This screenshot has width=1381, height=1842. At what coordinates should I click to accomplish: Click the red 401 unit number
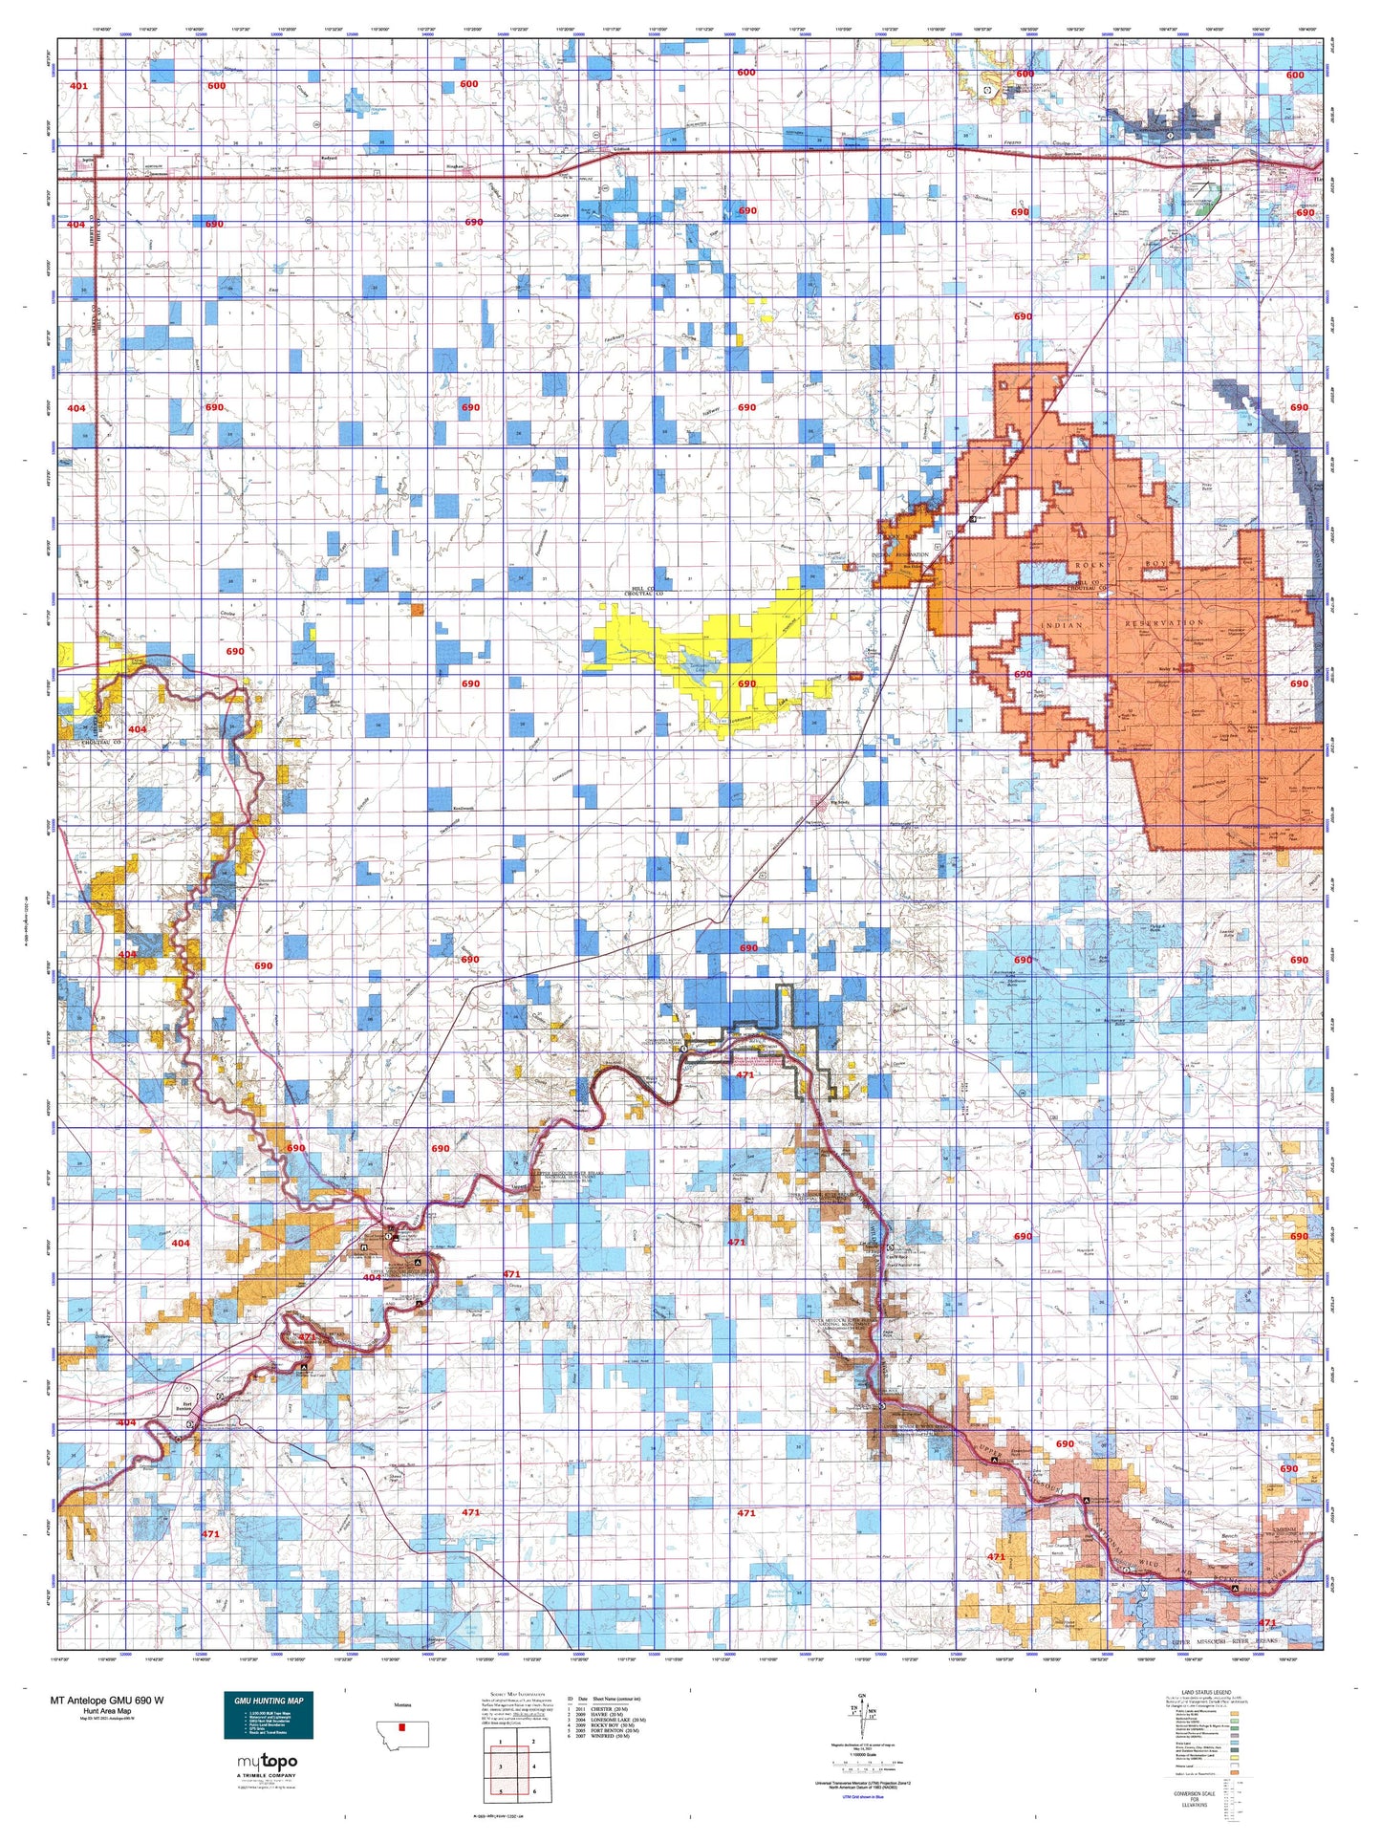point(78,86)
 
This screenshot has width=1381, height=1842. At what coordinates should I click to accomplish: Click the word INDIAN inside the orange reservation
point(1061,625)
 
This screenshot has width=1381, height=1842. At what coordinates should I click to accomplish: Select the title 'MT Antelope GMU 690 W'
point(107,1701)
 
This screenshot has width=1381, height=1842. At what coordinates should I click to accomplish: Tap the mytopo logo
point(267,1761)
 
